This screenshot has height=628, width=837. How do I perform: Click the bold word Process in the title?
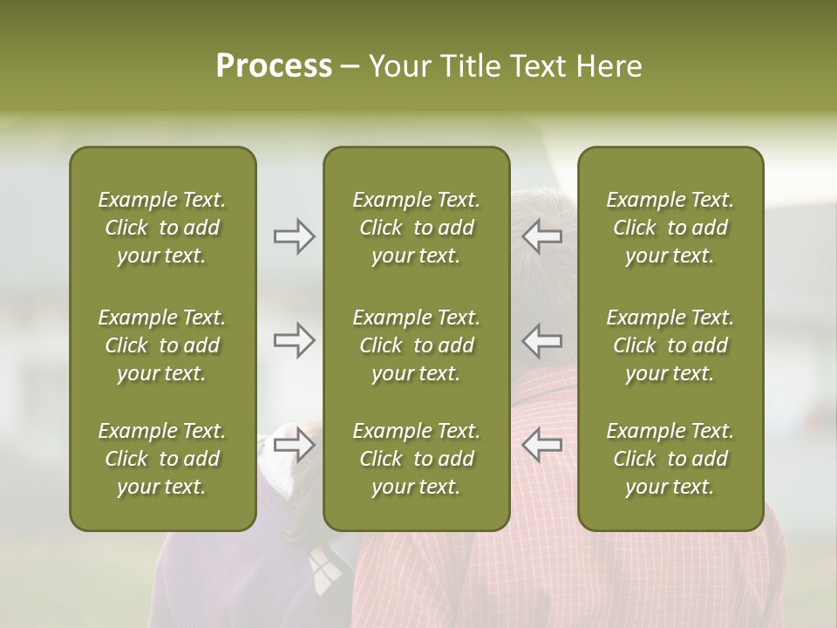(274, 65)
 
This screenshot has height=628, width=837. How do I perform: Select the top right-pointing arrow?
(294, 236)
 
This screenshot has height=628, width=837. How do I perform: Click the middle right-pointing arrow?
(294, 340)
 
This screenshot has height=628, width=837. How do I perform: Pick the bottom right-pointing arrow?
(294, 446)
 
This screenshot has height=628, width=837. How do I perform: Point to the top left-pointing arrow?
(541, 236)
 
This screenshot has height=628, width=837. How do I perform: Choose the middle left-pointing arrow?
(541, 340)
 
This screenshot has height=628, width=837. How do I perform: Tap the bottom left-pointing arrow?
(541, 446)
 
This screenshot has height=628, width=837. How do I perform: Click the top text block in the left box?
(162, 228)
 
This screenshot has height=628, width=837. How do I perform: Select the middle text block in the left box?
(162, 345)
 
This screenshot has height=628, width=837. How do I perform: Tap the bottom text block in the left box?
(162, 459)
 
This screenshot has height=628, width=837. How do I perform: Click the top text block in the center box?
(416, 228)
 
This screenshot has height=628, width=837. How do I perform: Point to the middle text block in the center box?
(416, 345)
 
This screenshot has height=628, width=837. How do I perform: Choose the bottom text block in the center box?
(416, 459)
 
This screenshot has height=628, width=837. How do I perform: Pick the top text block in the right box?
(670, 228)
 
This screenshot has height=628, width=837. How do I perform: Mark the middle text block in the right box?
(670, 345)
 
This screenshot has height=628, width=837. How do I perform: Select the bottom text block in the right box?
(670, 459)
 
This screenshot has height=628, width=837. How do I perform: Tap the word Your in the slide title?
(396, 65)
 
